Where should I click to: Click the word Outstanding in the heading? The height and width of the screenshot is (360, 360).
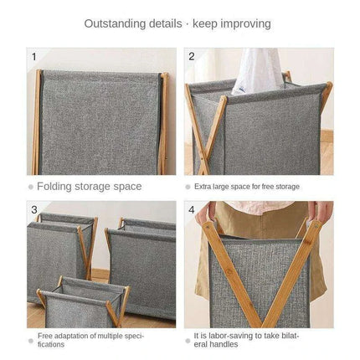click(x=114, y=23)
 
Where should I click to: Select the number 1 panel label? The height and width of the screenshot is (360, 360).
click(x=34, y=57)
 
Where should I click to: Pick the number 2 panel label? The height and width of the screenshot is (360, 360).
click(x=192, y=57)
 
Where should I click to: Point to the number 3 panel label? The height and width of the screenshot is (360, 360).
click(x=34, y=209)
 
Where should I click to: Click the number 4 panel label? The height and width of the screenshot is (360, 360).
click(x=192, y=209)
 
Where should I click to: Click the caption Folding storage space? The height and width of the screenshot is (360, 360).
click(x=90, y=187)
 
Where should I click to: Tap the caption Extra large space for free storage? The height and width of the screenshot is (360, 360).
click(x=246, y=187)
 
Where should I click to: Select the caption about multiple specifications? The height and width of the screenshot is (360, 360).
click(x=90, y=339)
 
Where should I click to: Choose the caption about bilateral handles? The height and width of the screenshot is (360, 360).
click(x=246, y=339)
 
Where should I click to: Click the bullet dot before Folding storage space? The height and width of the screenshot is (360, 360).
click(x=31, y=187)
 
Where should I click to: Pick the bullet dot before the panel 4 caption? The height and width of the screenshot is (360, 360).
click(x=188, y=339)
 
